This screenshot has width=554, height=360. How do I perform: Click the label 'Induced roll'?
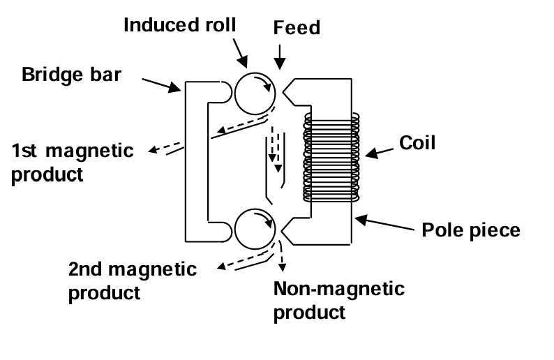coord(179,26)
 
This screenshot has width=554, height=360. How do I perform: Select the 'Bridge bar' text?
coord(71,73)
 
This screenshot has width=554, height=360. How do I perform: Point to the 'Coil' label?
coord(417,143)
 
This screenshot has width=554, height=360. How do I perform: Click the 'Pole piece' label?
coord(472,229)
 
